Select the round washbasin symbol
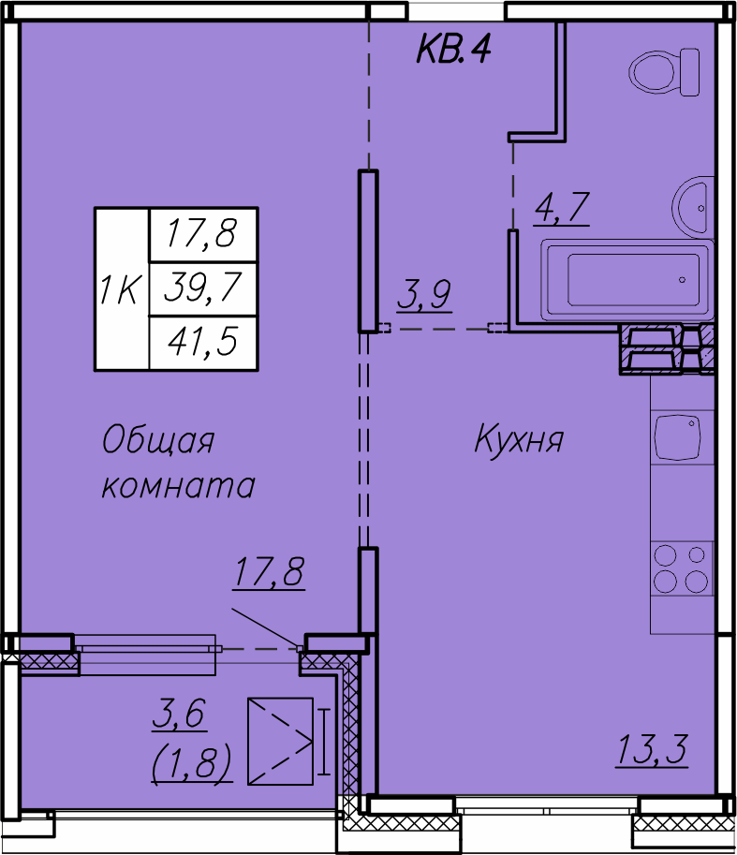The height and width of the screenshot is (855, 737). tap(694, 206)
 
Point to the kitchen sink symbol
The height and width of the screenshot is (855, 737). tap(679, 437)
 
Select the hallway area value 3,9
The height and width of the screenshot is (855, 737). tap(424, 295)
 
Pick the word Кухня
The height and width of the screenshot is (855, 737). tap(519, 438)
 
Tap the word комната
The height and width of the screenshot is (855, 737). tap(178, 486)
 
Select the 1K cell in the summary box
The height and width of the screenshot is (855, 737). tap(121, 289)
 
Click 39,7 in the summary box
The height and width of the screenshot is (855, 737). tap(201, 288)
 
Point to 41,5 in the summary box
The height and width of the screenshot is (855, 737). tap(201, 342)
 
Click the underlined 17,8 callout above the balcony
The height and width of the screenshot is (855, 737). tap(269, 571)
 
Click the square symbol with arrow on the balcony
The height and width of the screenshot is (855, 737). tap(280, 741)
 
